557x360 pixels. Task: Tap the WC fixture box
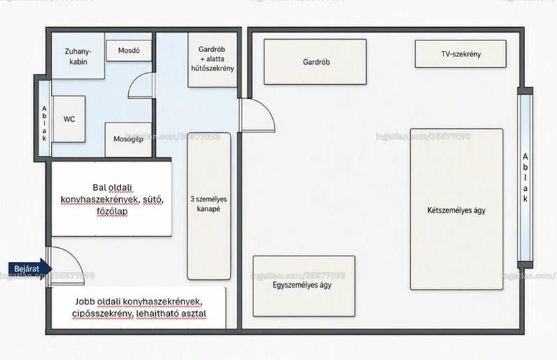tap(69, 119)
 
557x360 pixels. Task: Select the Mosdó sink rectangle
tap(129, 50)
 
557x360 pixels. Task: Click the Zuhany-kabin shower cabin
tap(78, 56)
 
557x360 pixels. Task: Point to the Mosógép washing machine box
tap(129, 139)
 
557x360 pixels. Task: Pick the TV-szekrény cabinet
tap(461, 54)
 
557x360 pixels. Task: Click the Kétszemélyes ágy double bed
tap(457, 210)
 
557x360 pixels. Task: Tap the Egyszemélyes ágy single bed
tap(304, 285)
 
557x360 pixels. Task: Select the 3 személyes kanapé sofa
tap(209, 206)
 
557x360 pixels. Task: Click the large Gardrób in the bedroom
tap(315, 62)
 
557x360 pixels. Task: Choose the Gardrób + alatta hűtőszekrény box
tap(212, 60)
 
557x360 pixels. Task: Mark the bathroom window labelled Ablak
tap(45, 118)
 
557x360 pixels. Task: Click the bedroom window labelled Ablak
tap(525, 178)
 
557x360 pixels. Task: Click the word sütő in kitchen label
tap(153, 200)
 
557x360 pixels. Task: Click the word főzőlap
tap(112, 212)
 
